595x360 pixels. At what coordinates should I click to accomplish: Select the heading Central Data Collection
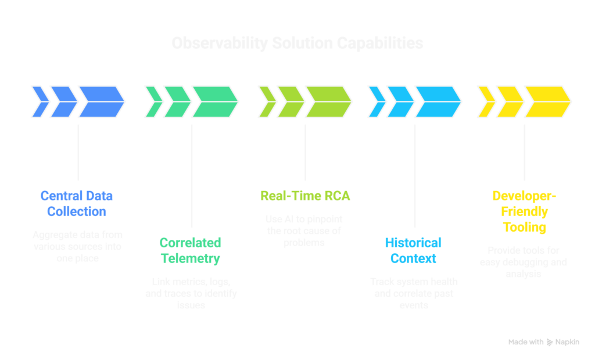(x=77, y=204)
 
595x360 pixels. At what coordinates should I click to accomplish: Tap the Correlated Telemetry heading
(x=191, y=250)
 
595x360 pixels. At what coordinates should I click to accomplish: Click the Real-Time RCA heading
(x=305, y=196)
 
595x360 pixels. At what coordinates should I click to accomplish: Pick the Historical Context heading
(x=413, y=250)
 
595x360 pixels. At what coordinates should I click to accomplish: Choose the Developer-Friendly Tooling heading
(x=524, y=211)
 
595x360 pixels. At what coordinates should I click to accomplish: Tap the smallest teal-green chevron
(x=154, y=102)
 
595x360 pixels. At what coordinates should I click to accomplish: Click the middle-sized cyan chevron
(x=400, y=102)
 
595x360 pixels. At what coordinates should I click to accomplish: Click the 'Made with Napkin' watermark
(x=543, y=343)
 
